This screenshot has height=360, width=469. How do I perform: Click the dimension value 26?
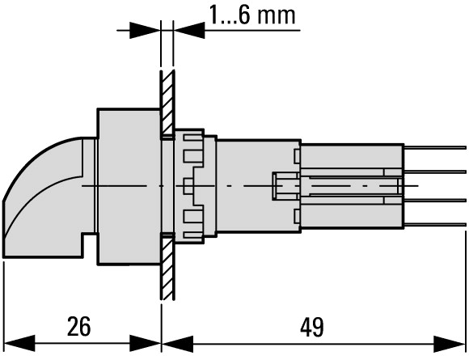click(78, 327)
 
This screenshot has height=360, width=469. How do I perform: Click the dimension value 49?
click(312, 327)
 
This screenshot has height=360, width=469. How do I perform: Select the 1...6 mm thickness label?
click(252, 15)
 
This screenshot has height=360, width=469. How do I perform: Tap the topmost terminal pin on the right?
click(434, 147)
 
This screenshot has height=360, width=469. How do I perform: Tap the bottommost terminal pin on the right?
click(434, 224)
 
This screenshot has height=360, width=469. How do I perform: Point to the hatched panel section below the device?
click(167, 266)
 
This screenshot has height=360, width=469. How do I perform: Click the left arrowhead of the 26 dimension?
click(19, 343)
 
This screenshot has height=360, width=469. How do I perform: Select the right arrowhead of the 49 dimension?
click(450, 344)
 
